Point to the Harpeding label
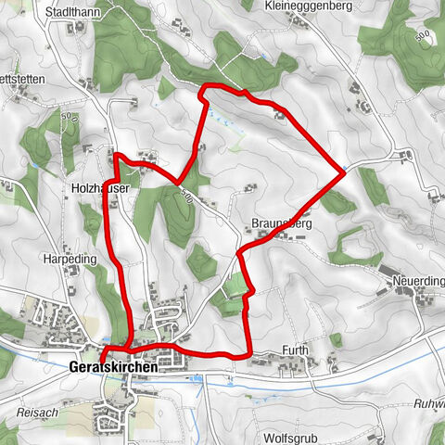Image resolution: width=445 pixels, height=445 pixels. point(70,260)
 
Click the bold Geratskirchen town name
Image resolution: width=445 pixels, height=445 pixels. point(113,367)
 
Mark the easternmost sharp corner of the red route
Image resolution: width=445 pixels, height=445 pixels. point(344,172)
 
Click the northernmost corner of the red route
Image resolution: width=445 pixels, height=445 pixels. point(205,87)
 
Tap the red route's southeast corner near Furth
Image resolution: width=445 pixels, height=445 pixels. point(248,355)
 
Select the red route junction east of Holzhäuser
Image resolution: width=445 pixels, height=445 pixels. point(179,182)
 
